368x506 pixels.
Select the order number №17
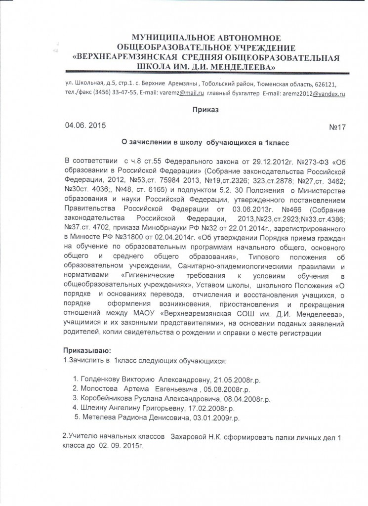(x=337, y=127)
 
